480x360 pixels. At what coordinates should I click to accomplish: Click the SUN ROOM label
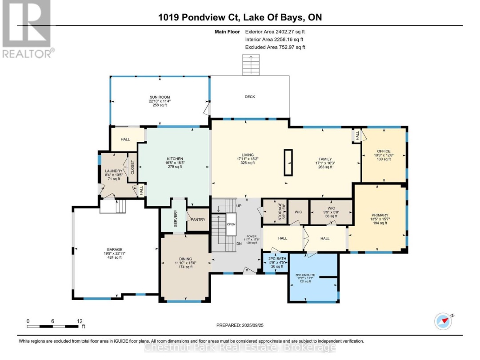(160, 97)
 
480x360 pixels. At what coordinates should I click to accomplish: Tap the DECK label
(250, 97)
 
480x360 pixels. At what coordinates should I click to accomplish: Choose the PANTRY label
(197, 220)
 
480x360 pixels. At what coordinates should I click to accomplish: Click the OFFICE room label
(384, 151)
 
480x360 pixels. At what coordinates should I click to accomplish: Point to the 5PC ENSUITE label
(305, 275)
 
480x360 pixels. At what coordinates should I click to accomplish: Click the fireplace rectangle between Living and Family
(289, 163)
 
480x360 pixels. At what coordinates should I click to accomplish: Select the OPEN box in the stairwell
(231, 224)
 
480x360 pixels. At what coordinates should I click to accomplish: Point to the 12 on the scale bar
(80, 321)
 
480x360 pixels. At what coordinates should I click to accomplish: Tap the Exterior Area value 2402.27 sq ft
(288, 32)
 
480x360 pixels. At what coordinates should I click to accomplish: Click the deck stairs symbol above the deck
(250, 65)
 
